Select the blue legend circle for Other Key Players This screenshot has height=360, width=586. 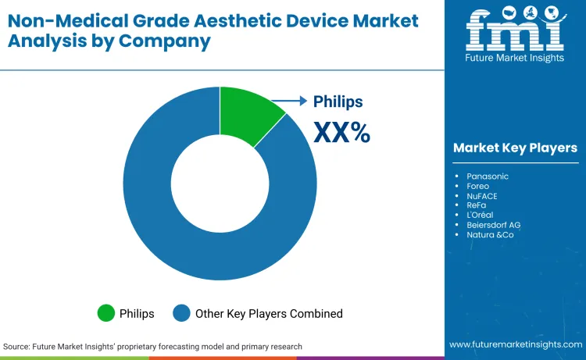183,313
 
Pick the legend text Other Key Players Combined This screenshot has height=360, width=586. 270,313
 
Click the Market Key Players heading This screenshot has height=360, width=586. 515,148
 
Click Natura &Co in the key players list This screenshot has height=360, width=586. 491,234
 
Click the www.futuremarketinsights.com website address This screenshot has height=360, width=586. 515,344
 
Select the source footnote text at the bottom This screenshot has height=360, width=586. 152,346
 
